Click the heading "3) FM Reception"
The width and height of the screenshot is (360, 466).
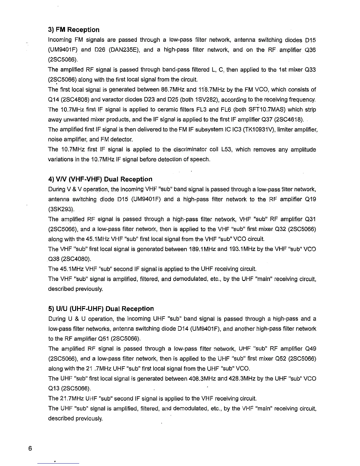[74, 30]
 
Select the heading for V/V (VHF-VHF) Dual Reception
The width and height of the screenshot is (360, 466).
[100, 179]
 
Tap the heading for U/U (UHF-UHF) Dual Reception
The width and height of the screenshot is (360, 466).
[101, 309]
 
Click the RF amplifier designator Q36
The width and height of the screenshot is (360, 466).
[311, 50]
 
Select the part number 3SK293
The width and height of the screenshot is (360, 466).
[61, 209]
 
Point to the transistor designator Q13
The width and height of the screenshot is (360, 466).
[54, 389]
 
